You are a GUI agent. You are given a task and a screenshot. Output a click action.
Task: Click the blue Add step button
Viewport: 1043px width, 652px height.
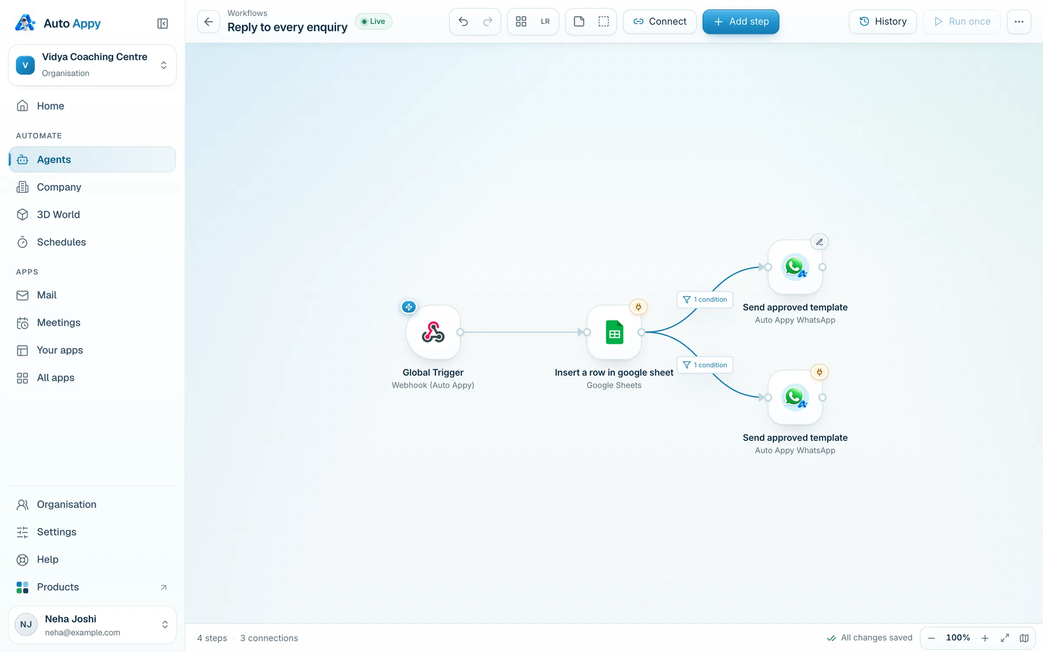tap(741, 21)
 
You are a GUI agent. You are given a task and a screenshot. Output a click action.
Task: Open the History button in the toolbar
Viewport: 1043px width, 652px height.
tap(883, 21)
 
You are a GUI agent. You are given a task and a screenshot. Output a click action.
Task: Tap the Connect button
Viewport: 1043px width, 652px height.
tap(660, 21)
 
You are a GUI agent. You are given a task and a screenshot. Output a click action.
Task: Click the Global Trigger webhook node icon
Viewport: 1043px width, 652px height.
tap(433, 332)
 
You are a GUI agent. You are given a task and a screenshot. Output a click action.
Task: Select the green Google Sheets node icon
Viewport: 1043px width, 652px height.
tap(614, 332)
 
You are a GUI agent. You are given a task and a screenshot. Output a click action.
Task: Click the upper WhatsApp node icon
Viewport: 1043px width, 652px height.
tap(795, 267)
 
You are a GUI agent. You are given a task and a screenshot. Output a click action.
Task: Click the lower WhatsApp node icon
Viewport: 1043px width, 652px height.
tap(795, 397)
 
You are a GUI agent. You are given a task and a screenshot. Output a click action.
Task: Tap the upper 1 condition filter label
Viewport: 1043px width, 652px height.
tap(705, 299)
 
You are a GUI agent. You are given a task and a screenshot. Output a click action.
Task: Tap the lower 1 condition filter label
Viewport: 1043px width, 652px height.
tap(705, 365)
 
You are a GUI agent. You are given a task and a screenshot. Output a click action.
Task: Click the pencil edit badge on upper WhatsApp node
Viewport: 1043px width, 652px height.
tap(819, 242)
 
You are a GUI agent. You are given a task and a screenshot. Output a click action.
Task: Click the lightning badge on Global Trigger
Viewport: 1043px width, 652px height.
tap(409, 307)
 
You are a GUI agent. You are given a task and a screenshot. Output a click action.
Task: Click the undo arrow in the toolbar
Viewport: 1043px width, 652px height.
tap(463, 21)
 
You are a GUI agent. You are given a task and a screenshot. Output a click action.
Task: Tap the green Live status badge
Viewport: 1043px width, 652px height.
tap(374, 21)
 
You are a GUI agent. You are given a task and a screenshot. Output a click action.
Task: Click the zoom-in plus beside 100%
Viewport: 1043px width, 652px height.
tap(985, 638)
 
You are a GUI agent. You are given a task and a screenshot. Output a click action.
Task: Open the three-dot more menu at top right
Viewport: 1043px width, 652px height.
tap(1019, 21)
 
